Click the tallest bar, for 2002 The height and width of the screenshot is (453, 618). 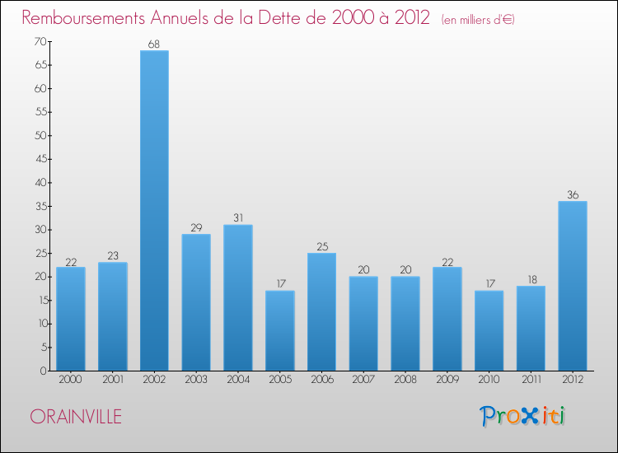pos(154,211)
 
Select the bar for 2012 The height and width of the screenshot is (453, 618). pos(573,286)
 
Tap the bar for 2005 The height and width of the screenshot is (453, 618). pos(279,330)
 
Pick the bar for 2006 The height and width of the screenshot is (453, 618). pos(321,311)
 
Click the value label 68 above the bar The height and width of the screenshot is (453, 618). pos(154,44)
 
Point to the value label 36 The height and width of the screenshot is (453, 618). pos(573,195)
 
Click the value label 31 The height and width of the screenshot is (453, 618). pos(237,218)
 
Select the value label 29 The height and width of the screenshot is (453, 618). pos(195,228)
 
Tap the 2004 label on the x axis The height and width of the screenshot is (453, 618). pos(237,381)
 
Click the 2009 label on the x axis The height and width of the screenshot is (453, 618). pos(447,381)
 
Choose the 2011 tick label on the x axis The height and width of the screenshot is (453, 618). pos(531,381)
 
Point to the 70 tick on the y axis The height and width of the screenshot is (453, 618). pos(39,41)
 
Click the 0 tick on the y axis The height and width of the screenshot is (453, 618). pos(42,371)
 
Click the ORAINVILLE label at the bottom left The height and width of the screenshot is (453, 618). pos(76,417)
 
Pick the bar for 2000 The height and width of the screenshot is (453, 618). pos(70,319)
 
